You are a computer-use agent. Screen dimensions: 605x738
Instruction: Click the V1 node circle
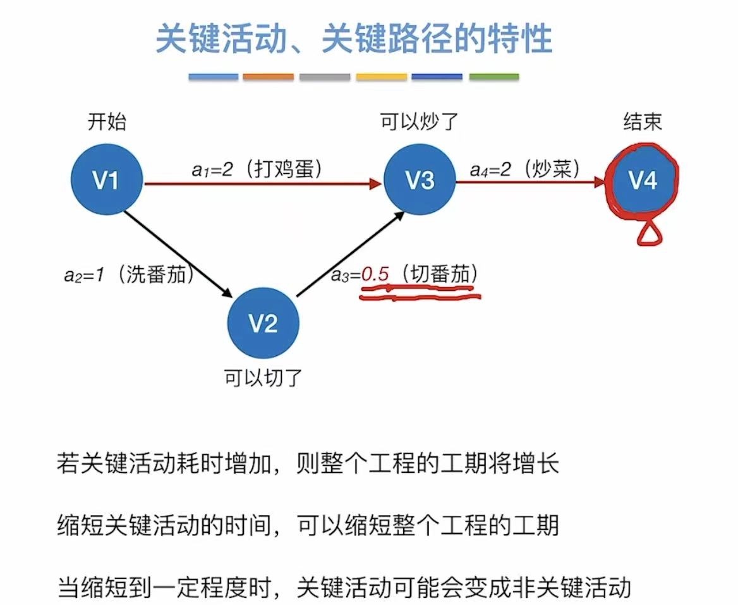[106, 181]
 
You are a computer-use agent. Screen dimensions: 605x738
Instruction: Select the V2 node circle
[263, 324]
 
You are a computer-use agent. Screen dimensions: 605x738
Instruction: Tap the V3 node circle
[420, 181]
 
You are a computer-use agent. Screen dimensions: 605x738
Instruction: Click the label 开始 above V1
[106, 121]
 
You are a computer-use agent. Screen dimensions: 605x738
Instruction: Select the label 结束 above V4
[642, 121]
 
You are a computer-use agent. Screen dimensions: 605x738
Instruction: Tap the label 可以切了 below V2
[263, 378]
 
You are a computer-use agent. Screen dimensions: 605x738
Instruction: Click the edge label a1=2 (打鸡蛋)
[258, 169]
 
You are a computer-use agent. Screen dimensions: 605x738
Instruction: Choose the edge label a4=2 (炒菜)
[525, 169]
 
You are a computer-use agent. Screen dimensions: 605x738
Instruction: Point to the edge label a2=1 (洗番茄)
[129, 276]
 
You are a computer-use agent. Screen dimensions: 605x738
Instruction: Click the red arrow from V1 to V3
[262, 184]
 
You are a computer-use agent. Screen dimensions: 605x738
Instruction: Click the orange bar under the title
[269, 76]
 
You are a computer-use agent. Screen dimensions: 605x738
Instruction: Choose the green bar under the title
[493, 76]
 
